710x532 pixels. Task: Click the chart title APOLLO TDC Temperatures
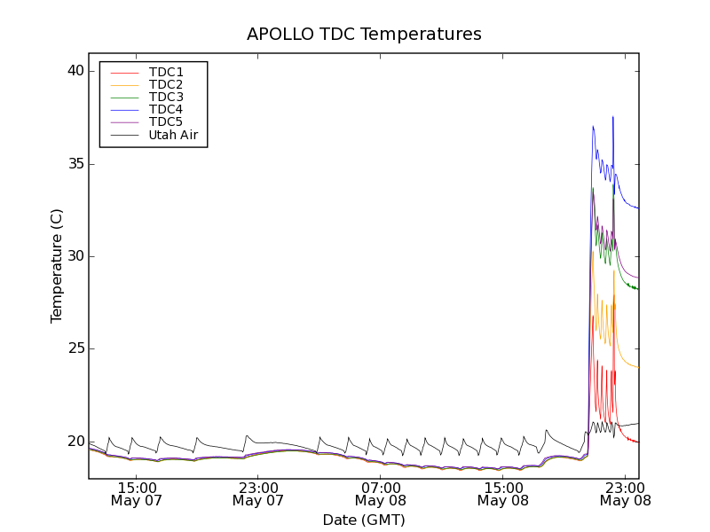coord(364,35)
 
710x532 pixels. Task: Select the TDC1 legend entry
coord(166,72)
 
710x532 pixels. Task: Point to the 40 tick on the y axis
coord(75,71)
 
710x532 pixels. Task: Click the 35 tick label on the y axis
coord(75,164)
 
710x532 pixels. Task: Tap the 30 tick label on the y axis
coord(75,256)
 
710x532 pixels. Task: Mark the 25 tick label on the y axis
coord(75,348)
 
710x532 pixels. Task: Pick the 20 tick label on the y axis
coord(75,441)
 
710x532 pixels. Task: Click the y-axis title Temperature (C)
coord(57,266)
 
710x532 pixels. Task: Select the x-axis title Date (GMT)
coord(364,520)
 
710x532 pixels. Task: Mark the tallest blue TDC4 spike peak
coord(612,117)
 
